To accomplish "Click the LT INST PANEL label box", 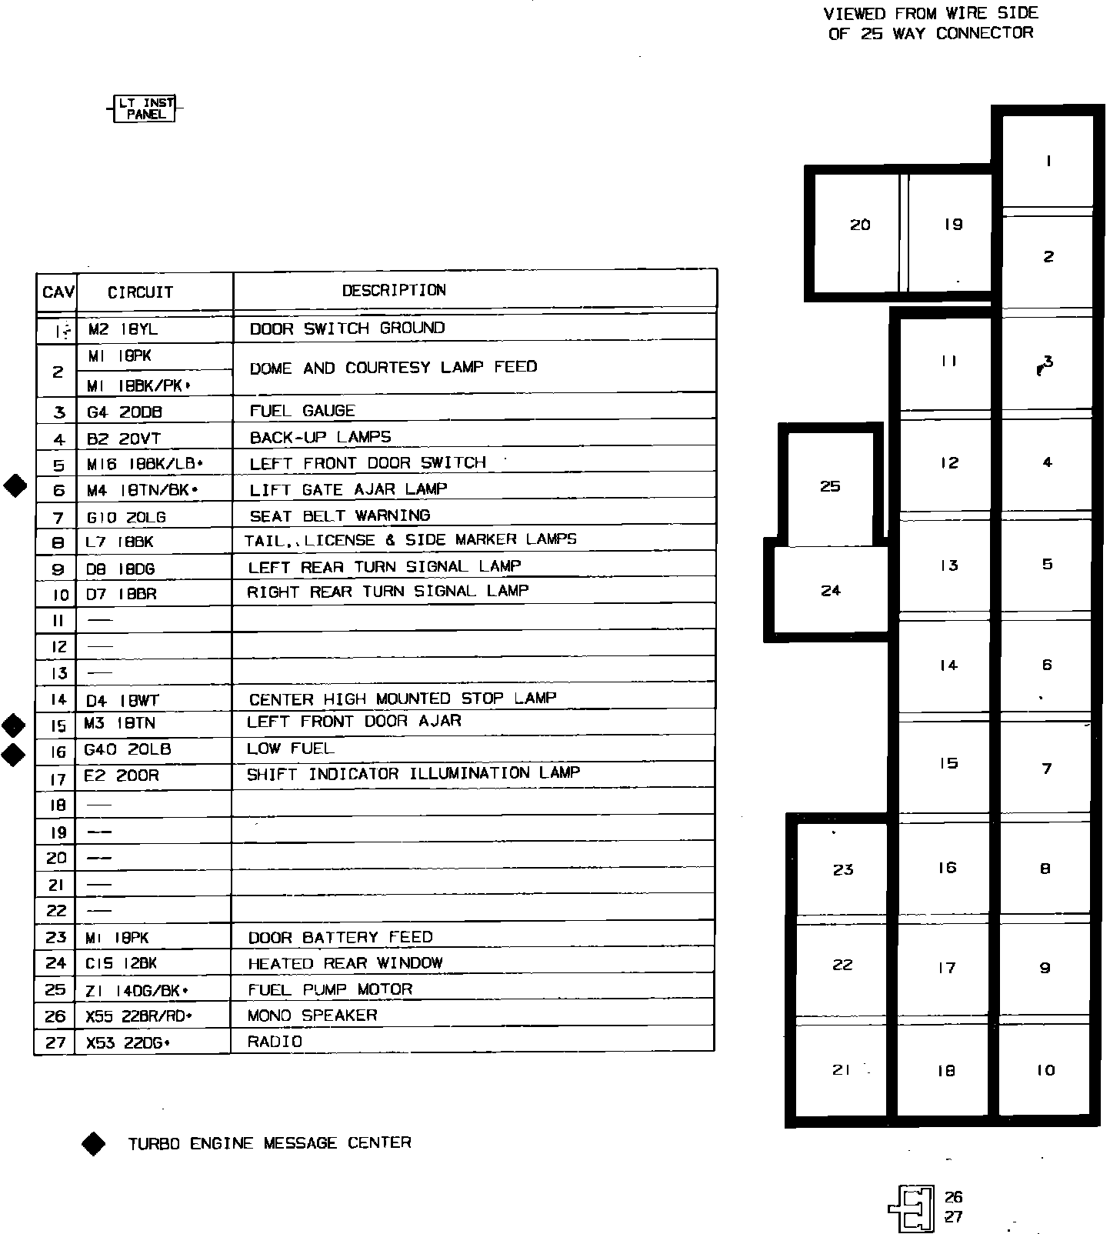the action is [145, 108].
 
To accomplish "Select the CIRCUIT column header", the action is [140, 292].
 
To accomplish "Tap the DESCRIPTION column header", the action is [394, 290].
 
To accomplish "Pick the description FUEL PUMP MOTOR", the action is [330, 989].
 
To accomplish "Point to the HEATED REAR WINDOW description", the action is [345, 963].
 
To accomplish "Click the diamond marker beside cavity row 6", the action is [15, 486].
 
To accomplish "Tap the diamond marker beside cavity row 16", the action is [14, 754].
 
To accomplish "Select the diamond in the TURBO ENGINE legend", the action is [93, 1144].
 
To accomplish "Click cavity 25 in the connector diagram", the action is [830, 486].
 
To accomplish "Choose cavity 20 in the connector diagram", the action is [860, 225].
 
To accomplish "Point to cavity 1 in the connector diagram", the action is [1048, 162].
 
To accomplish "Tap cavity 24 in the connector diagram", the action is [831, 591].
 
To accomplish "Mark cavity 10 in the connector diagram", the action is [1045, 1070].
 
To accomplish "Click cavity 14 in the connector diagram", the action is [948, 665].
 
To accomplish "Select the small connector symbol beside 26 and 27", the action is [912, 1208].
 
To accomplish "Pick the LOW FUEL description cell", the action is [290, 749].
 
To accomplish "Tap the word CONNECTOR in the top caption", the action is [985, 33].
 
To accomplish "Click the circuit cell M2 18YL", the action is [123, 329].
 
